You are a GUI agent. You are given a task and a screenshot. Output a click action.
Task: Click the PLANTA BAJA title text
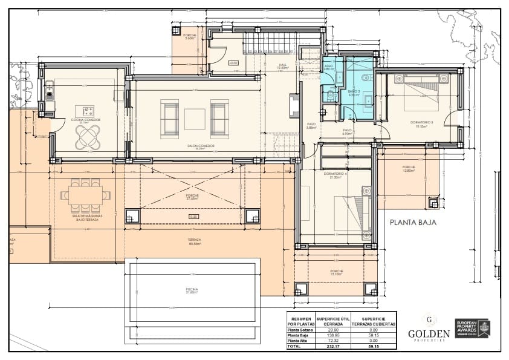(x=413, y=222)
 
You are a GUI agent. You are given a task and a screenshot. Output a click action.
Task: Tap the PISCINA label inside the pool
(x=192, y=291)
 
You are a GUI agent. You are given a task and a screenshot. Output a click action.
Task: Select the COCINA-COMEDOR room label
(x=85, y=120)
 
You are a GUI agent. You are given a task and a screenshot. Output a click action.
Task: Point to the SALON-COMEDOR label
(x=201, y=146)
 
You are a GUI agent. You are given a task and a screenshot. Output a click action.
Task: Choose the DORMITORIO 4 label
(x=334, y=174)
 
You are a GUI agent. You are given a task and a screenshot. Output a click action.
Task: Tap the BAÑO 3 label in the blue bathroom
(x=354, y=92)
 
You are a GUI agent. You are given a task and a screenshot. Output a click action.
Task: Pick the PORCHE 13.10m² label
(x=337, y=272)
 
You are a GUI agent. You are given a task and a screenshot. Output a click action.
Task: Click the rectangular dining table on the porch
(x=85, y=195)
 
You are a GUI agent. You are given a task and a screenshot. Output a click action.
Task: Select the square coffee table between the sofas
(x=195, y=119)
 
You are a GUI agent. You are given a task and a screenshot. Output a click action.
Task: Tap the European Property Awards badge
(x=472, y=329)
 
